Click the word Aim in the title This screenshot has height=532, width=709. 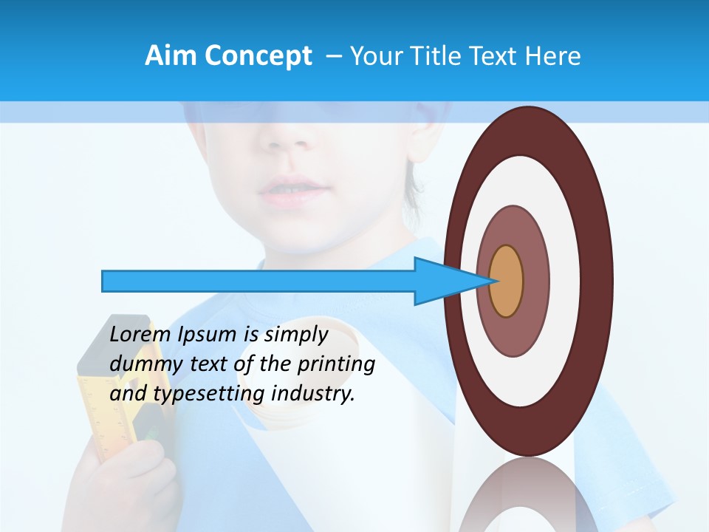(171, 56)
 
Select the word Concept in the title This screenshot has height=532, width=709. (258, 56)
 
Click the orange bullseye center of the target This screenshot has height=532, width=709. (507, 281)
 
